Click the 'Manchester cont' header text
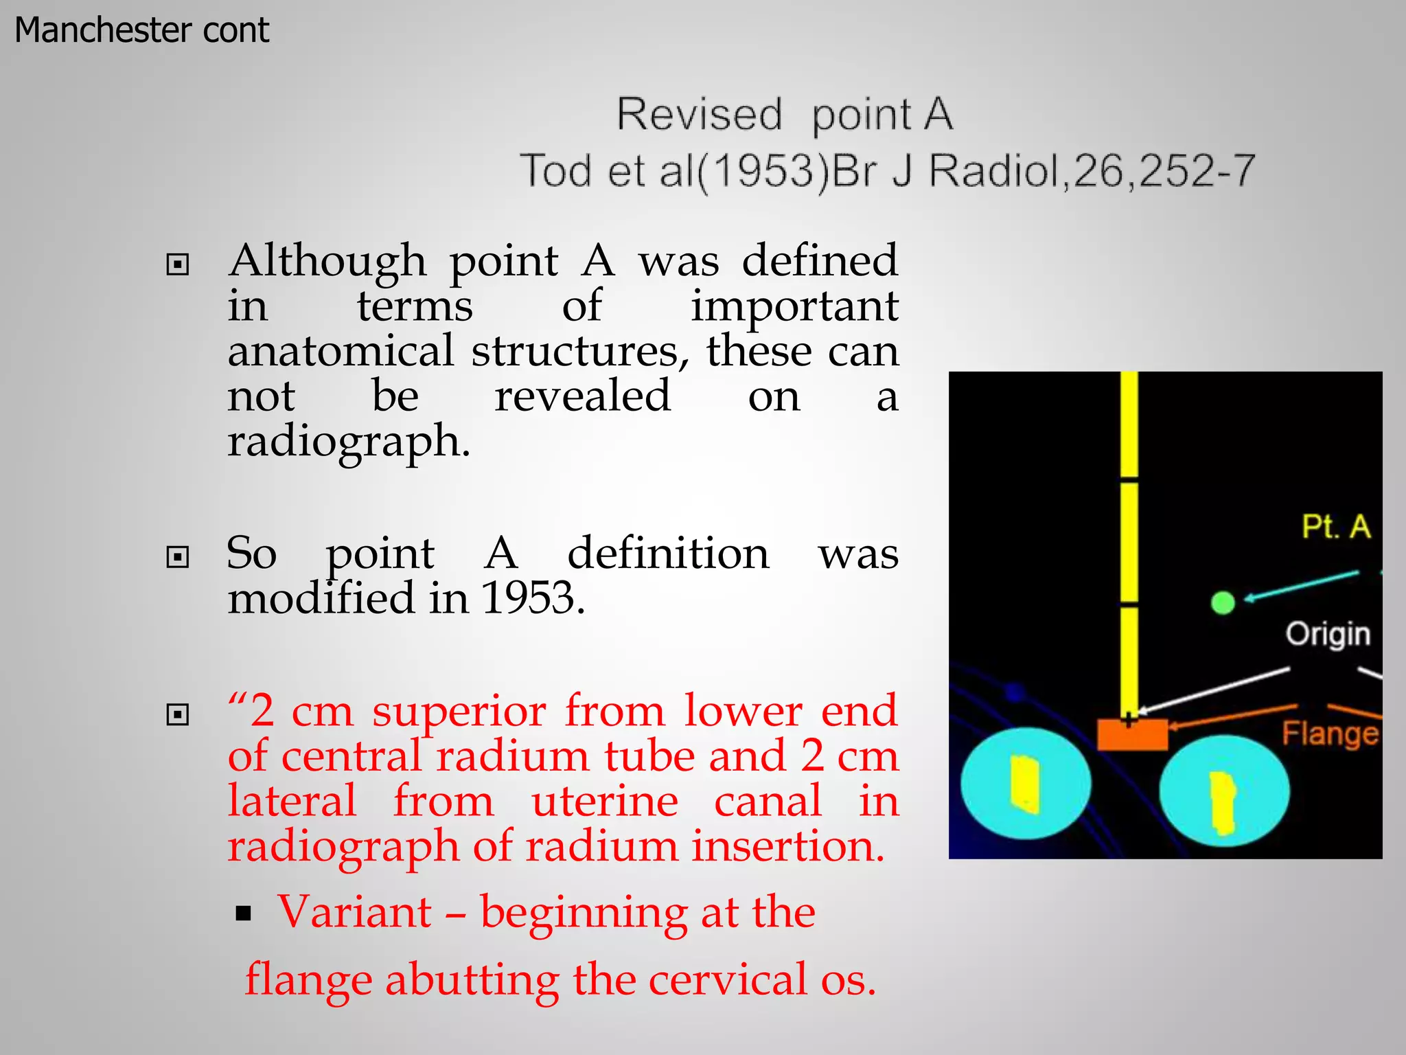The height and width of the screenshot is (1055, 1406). [141, 30]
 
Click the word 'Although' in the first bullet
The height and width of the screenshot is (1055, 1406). [327, 262]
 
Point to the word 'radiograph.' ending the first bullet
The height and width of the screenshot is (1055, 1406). [349, 442]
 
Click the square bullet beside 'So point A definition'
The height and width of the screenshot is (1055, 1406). [178, 556]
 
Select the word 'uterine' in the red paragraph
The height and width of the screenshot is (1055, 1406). [605, 802]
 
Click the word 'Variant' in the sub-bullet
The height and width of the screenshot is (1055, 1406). [354, 913]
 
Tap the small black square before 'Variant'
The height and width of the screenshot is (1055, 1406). [243, 914]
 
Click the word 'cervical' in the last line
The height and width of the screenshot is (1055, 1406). [727, 980]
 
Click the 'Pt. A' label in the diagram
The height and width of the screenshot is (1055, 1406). [1335, 527]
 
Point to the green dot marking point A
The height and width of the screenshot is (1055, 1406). [1223, 603]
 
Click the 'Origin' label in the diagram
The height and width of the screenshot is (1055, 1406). [1327, 634]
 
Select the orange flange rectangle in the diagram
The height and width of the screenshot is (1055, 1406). [1132, 734]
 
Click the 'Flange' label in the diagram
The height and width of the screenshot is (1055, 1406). [1330, 734]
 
